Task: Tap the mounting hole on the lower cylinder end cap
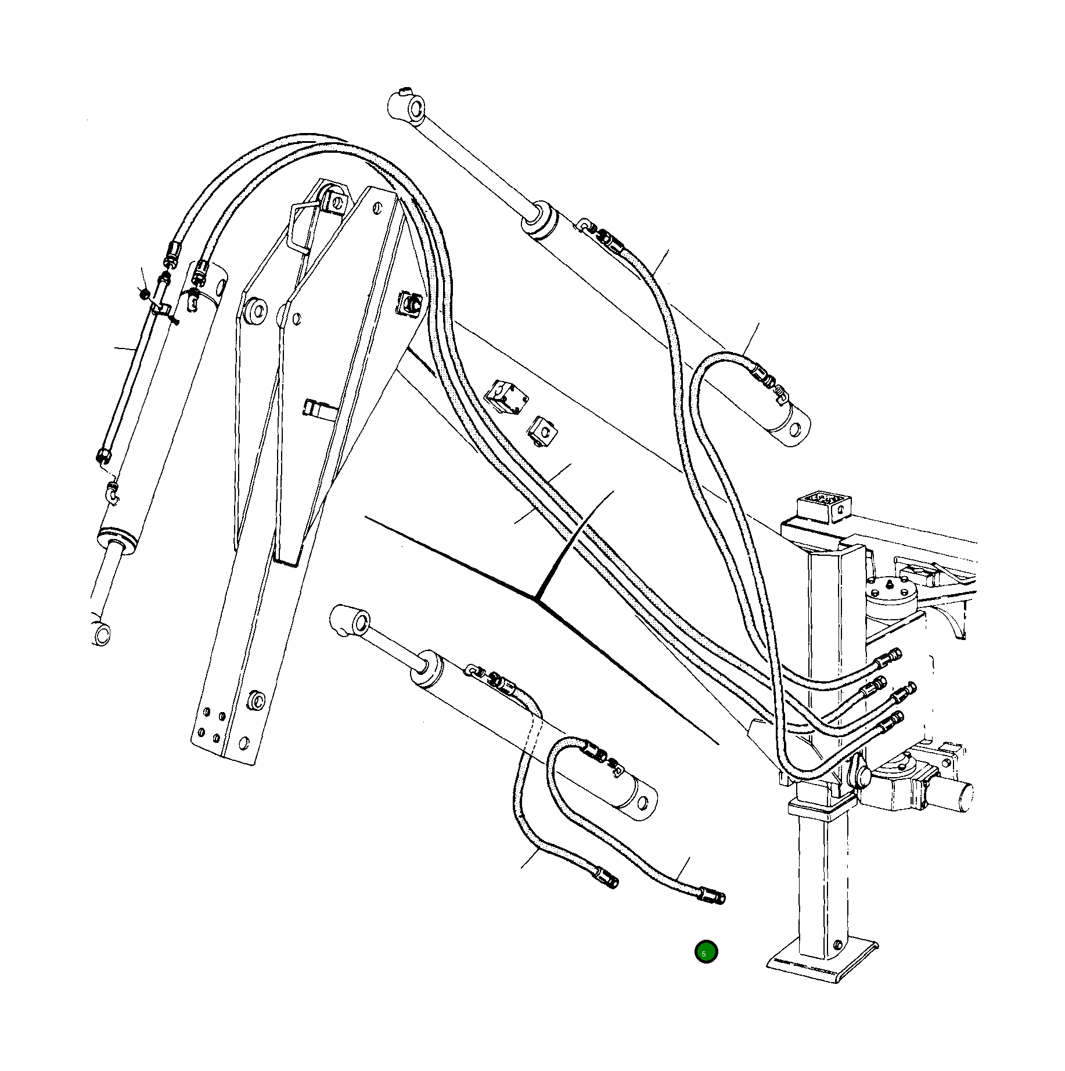(x=642, y=804)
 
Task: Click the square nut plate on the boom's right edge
(x=409, y=303)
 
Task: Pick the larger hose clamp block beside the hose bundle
(x=503, y=397)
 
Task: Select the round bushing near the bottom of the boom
(x=256, y=700)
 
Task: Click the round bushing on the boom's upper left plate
(x=256, y=310)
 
